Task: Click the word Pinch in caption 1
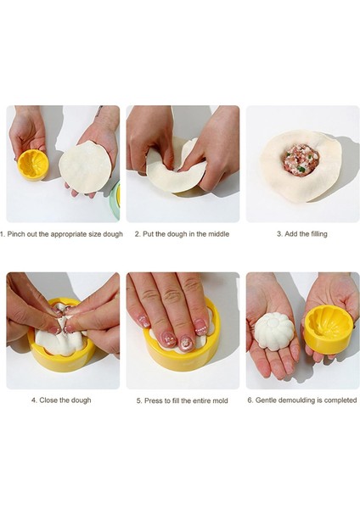pos(16,234)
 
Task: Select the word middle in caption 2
pos(219,234)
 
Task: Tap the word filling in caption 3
pos(317,234)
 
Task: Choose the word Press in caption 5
pos(153,401)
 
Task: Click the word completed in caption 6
pos(340,400)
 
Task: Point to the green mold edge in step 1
pos(115,200)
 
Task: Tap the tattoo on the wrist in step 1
pos(98,111)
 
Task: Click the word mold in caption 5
pos(220,401)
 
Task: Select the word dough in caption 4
pos(82,400)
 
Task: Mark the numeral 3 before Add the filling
pos(278,234)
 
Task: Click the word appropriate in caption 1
pos(68,234)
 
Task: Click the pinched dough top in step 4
pos(62,320)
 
